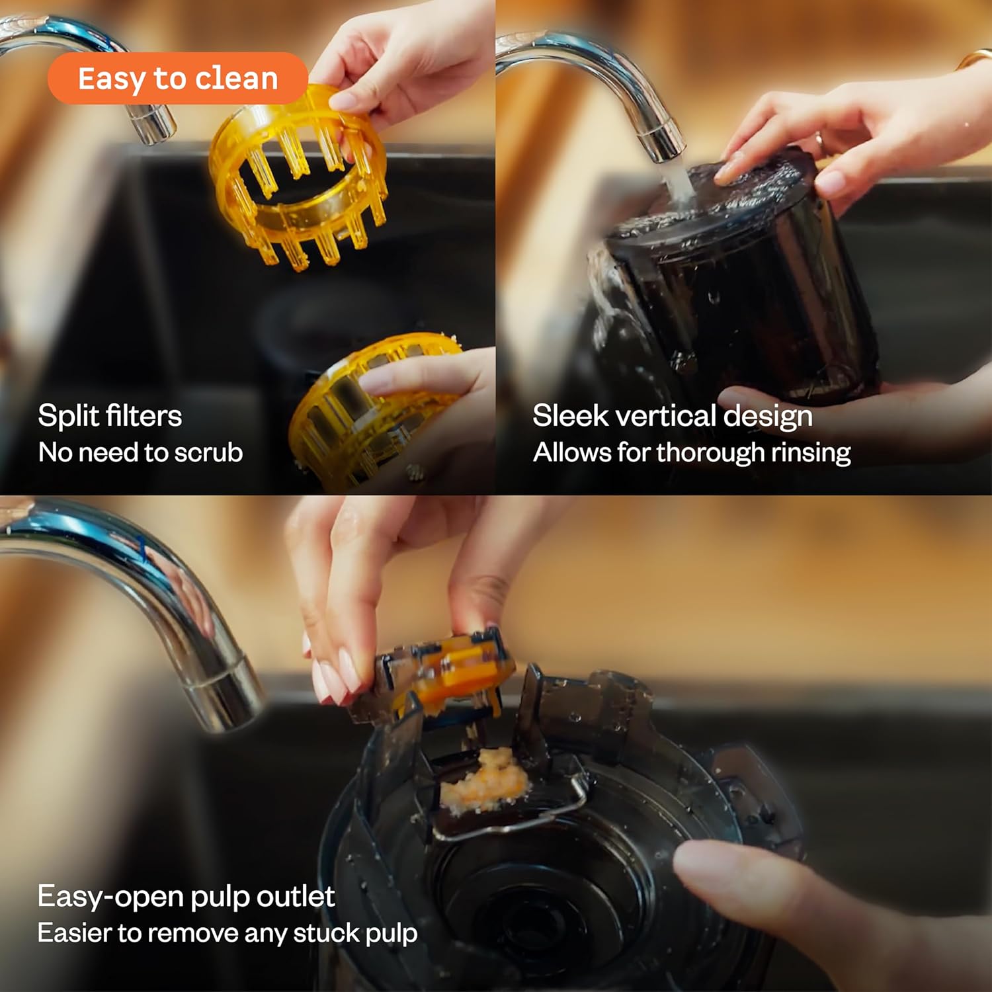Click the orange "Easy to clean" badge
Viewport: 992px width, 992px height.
[x=177, y=78]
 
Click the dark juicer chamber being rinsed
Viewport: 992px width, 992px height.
[x=734, y=278]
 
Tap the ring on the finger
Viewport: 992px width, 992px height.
[x=819, y=140]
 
